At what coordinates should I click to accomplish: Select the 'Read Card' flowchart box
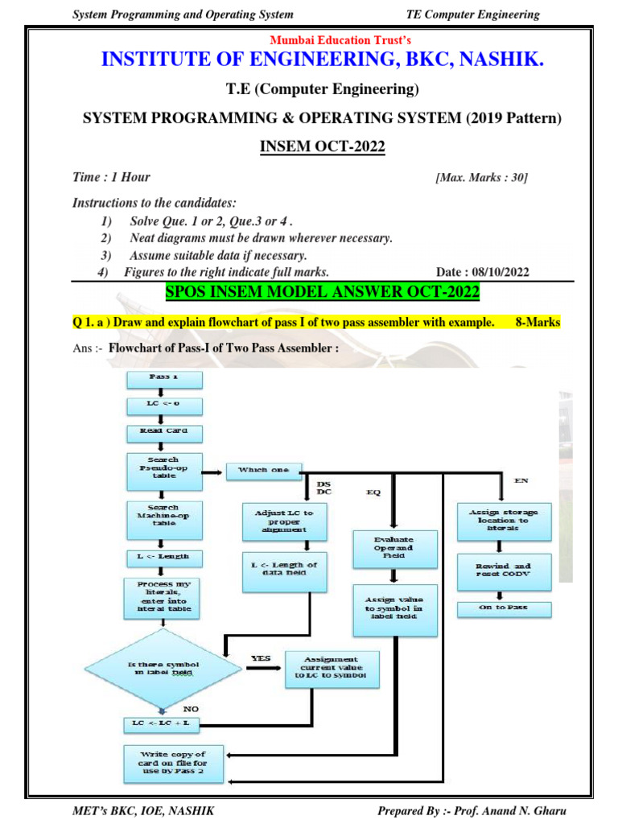(x=163, y=433)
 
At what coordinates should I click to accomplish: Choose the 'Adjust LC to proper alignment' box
(x=285, y=521)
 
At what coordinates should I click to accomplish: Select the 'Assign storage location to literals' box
(x=504, y=521)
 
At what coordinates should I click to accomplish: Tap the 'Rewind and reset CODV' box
(x=504, y=571)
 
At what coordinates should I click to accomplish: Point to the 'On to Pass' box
(x=504, y=608)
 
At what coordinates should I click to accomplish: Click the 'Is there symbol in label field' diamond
(x=163, y=668)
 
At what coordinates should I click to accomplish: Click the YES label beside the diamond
(x=261, y=658)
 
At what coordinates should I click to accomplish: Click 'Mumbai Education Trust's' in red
(x=341, y=41)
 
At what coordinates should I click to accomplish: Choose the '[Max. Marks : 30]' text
(x=481, y=178)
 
